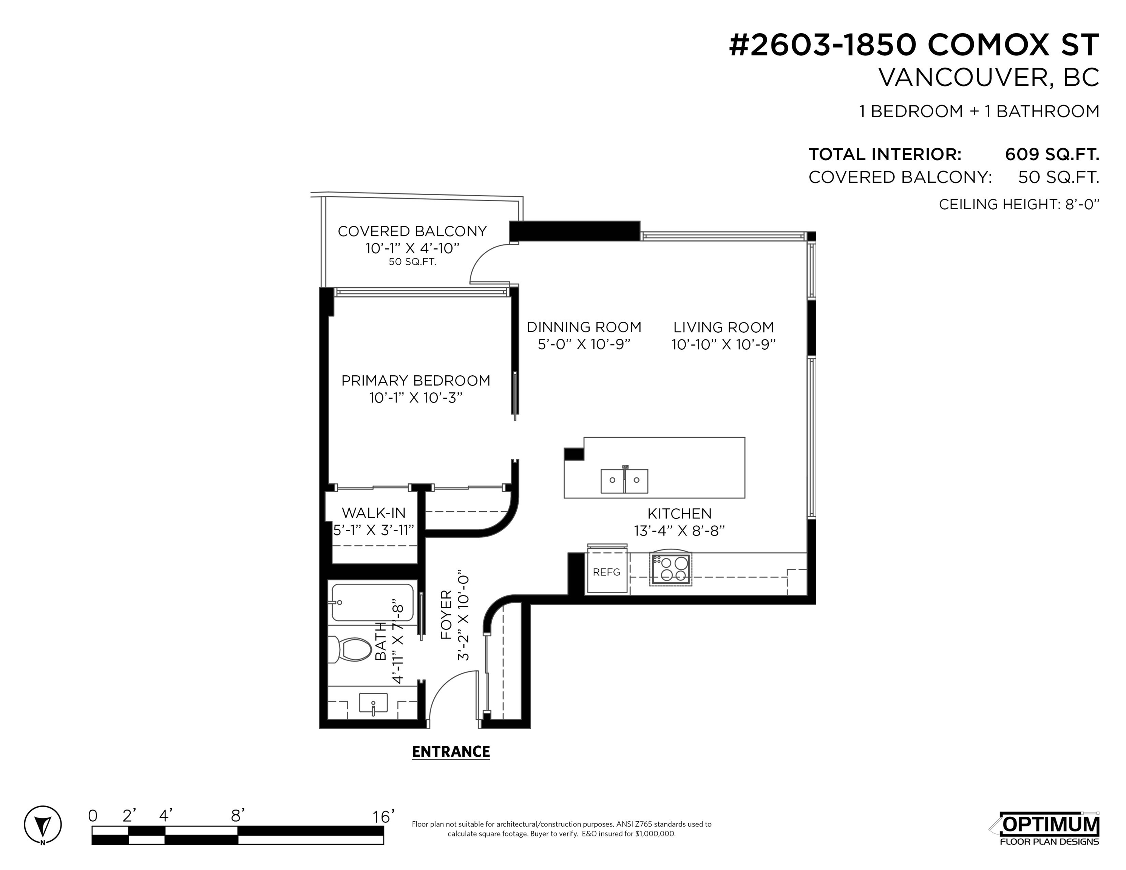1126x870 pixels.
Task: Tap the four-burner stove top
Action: pos(671,569)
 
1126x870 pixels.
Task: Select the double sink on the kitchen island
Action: pos(624,480)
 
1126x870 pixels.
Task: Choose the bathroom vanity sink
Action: pos(373,704)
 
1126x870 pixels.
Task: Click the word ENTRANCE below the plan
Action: pos(451,752)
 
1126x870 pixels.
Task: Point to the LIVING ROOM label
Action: pos(723,327)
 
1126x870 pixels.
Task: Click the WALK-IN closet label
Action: pos(374,513)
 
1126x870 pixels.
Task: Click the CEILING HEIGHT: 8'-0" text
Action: pos(1019,205)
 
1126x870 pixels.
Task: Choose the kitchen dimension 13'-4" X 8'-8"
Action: pos(680,531)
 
